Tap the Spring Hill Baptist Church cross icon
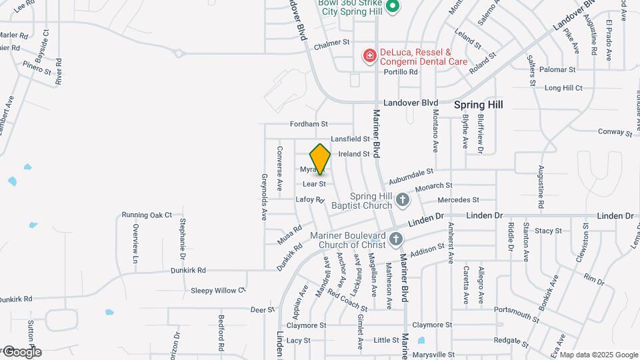(402, 199)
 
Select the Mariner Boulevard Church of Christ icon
(396, 239)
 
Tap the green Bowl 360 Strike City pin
(393, 7)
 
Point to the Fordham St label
(309, 124)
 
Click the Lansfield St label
(350, 139)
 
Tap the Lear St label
(313, 183)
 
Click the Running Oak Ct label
(147, 215)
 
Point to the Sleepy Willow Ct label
(218, 291)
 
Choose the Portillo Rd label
(400, 72)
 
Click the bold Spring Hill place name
(478, 105)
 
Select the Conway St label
(610, 131)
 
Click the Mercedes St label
(458, 200)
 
